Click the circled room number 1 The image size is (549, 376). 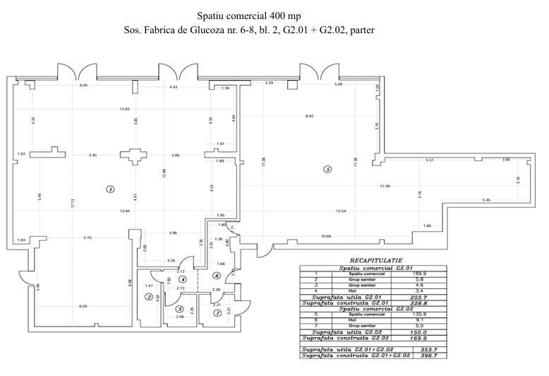point(109,189)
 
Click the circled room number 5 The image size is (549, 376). point(326,169)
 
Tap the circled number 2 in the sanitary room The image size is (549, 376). point(149,297)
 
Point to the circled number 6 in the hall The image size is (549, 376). point(217,275)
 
